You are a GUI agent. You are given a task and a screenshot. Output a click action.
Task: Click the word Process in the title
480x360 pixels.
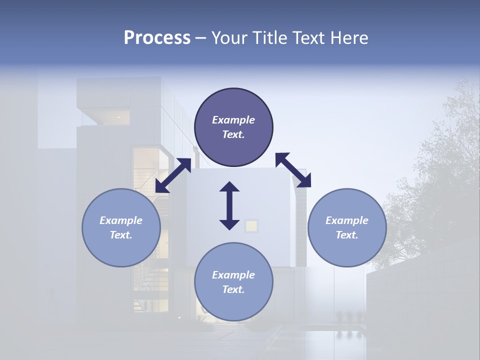[x=157, y=38]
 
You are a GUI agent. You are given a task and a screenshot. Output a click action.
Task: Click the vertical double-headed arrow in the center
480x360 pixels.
[x=229, y=205]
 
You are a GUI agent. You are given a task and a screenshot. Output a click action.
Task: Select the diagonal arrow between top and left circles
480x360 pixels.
[x=173, y=175]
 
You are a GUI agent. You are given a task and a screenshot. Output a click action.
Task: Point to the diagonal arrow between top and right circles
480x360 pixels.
[x=293, y=170]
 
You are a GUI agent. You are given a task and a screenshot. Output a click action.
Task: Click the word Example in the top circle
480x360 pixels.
[x=233, y=120]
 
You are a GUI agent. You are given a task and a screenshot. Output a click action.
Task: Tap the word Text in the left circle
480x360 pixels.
[x=121, y=235]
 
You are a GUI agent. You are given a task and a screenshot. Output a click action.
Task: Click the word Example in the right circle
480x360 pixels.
[x=347, y=220]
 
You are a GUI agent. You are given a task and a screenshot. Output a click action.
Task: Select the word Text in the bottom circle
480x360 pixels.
[x=233, y=289]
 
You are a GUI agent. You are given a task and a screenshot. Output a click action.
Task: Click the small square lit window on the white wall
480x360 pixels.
[x=251, y=226]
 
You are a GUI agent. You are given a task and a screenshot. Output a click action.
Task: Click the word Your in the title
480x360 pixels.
[x=228, y=38]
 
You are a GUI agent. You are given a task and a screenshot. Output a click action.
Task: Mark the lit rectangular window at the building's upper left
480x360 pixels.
[x=114, y=118]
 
